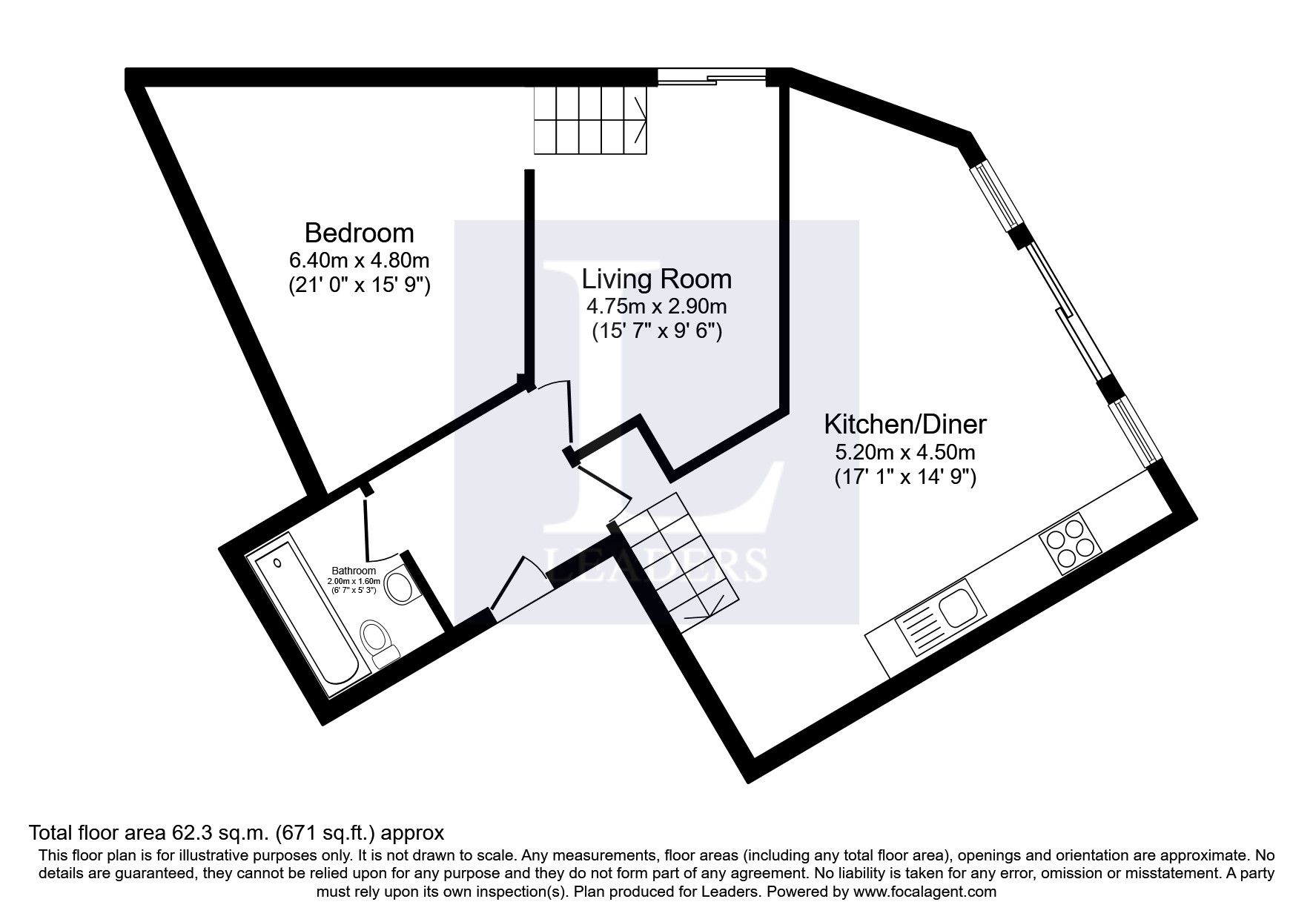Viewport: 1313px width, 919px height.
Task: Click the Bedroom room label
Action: (359, 233)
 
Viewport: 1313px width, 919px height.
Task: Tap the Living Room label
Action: (656, 279)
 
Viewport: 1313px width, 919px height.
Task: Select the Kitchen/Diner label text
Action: (905, 425)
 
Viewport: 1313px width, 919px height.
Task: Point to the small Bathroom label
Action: (354, 571)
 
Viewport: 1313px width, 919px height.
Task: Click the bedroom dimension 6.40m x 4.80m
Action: (359, 261)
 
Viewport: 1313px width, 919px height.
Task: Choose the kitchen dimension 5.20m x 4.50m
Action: (905, 452)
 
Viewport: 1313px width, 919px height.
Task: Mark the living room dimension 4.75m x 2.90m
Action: (656, 306)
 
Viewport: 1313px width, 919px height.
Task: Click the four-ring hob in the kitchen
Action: (1071, 548)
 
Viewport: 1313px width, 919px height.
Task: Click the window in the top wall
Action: (712, 76)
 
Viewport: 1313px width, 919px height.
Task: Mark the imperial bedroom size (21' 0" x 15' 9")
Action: (359, 285)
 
